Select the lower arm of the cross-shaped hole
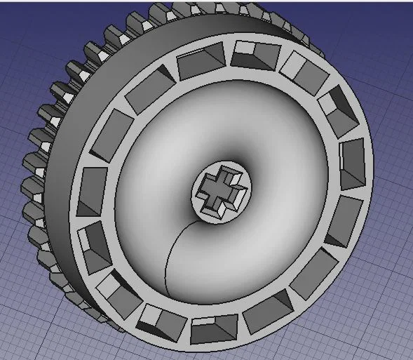218,204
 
